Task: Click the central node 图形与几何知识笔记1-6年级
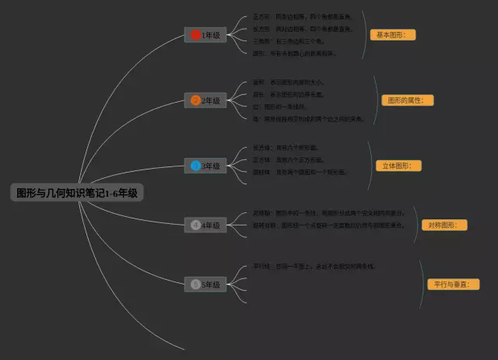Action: click(77, 192)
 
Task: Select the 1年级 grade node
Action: click(205, 35)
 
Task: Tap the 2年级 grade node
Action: click(205, 100)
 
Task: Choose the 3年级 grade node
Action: click(205, 166)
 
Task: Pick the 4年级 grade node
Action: click(205, 225)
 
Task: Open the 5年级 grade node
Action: click(205, 285)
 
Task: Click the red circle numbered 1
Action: click(195, 35)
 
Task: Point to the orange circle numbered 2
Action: click(195, 100)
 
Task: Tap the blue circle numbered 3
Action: click(195, 166)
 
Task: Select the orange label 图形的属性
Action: click(409, 100)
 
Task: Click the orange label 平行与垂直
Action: click(451, 285)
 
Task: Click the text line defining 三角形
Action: click(288, 41)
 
